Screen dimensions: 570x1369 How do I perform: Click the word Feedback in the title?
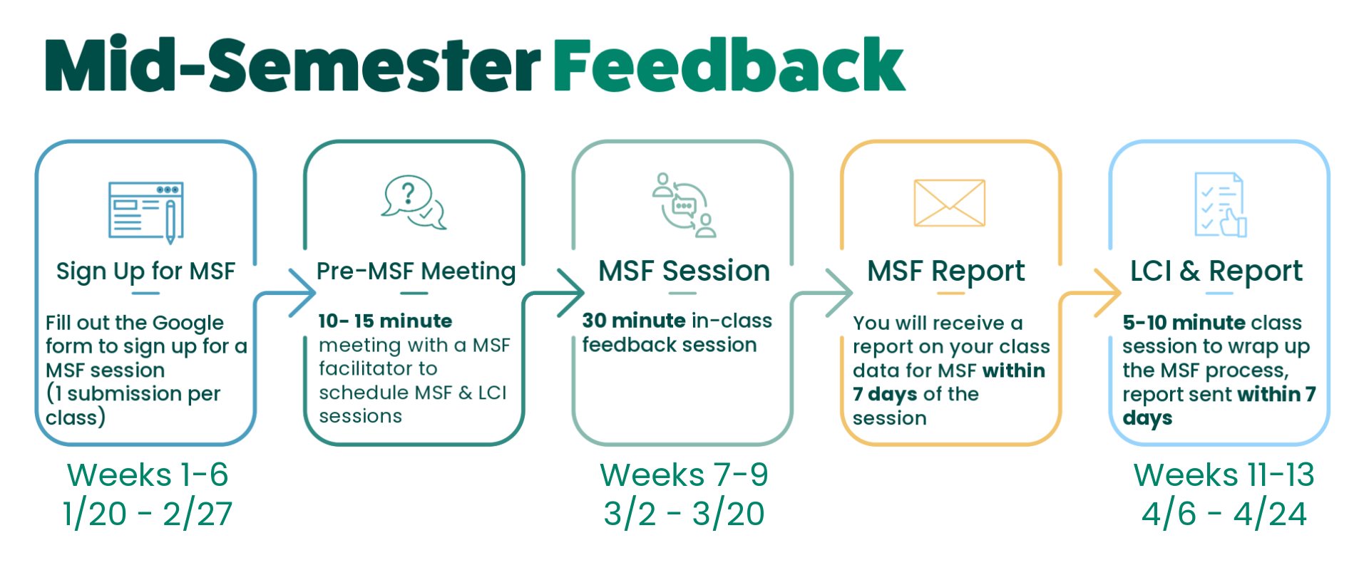point(729,66)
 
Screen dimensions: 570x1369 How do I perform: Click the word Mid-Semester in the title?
point(292,66)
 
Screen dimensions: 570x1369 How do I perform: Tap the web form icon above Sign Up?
point(146,211)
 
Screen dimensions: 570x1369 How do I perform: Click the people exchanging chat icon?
point(683,205)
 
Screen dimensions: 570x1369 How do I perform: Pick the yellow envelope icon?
point(949,203)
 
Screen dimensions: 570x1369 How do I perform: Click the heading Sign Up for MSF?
point(145,271)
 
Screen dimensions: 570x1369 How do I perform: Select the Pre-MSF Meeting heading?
point(416,271)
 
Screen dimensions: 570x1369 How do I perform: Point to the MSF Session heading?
point(684,271)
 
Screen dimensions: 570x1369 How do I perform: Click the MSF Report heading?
point(945,271)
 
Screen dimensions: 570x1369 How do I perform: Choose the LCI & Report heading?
point(1216,271)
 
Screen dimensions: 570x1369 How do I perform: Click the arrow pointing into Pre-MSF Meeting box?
point(301,292)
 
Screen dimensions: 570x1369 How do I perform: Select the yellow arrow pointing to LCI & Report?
point(1106,292)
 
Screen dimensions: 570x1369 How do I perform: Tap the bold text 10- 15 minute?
point(385,321)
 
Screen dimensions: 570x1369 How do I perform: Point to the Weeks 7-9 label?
point(684,475)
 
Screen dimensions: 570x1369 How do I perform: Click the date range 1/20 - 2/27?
point(148,514)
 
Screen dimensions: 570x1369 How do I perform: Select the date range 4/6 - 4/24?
point(1224,514)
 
